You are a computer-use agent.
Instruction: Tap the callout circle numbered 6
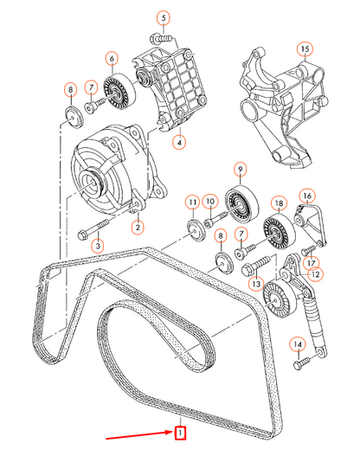112,59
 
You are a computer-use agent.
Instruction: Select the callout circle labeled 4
178,141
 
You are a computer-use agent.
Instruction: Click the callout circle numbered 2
137,228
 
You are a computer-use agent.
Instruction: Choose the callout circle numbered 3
97,247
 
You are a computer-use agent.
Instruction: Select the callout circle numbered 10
210,202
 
